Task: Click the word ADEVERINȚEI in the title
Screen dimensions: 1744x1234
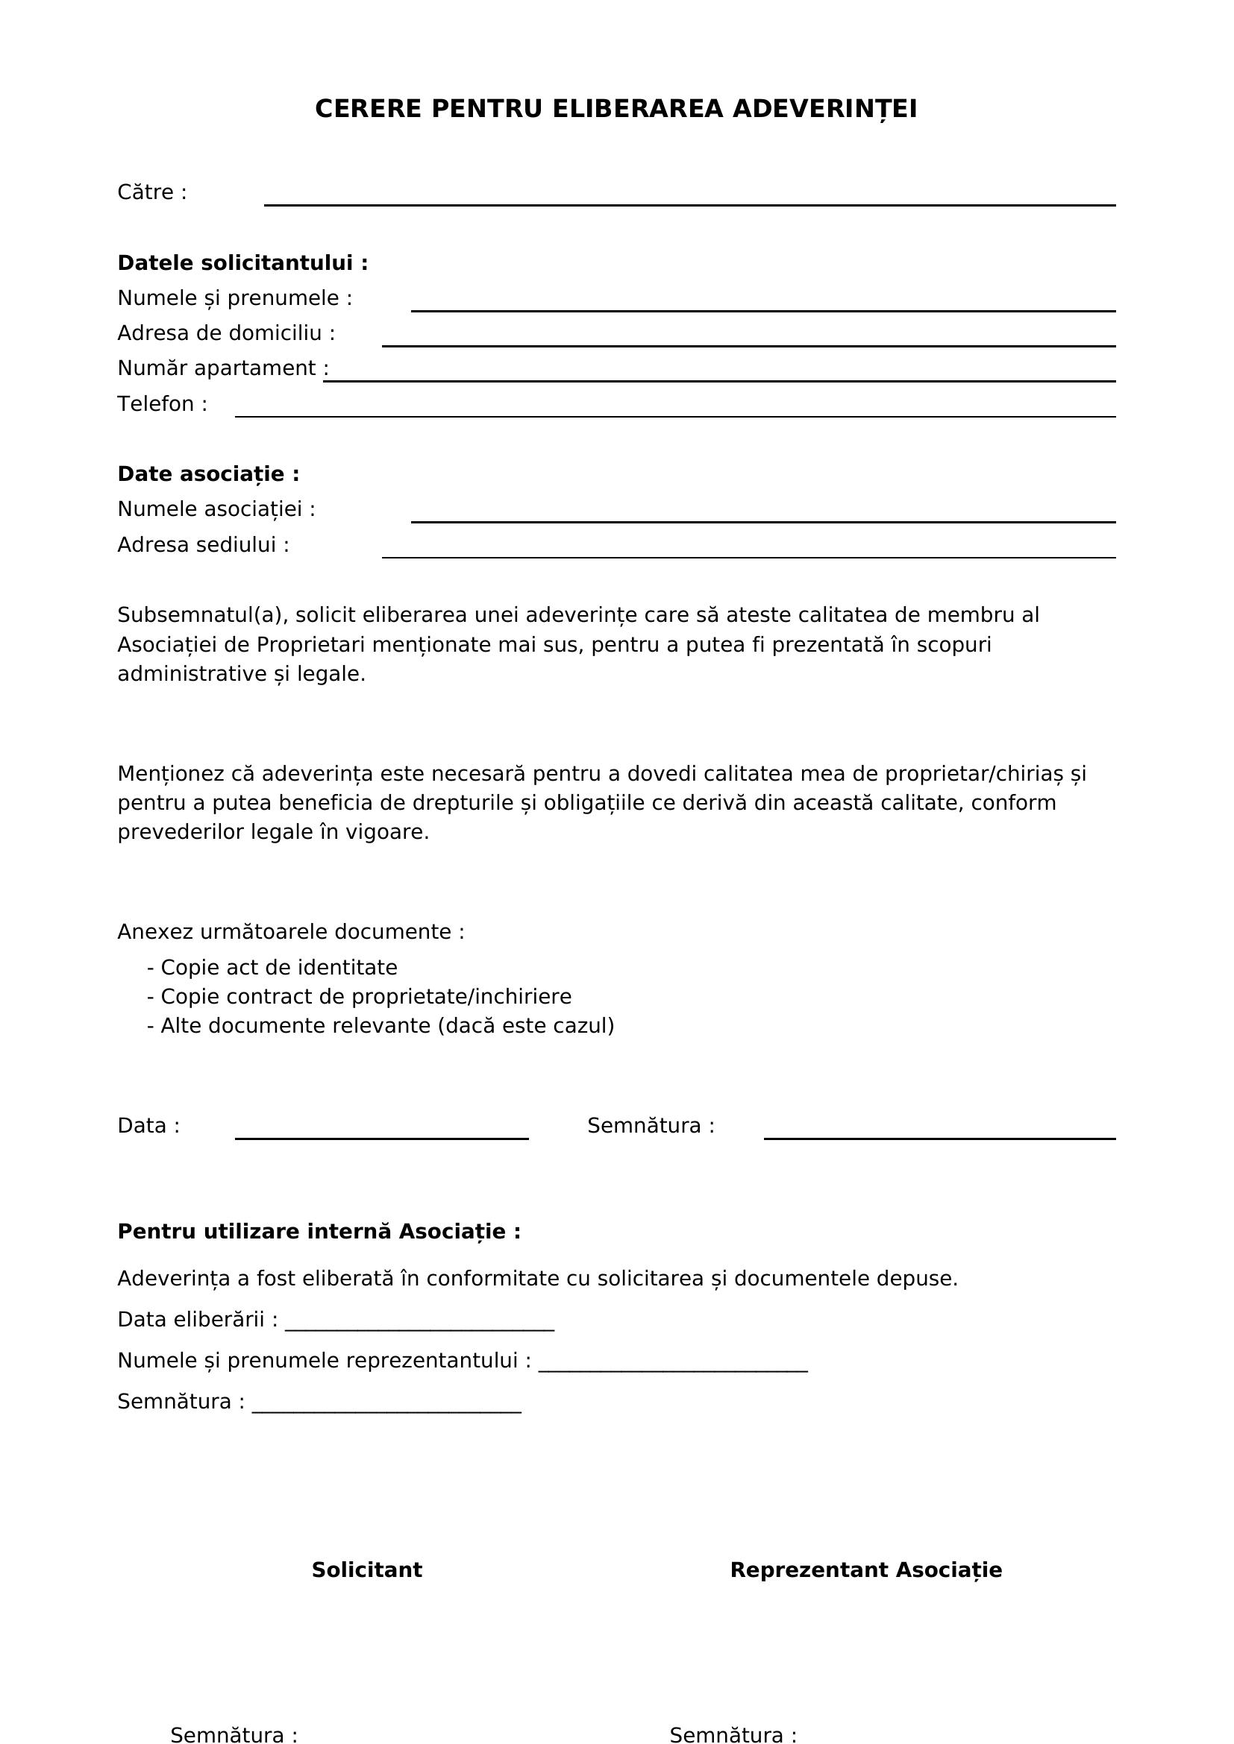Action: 824,110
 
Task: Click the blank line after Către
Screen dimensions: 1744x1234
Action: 689,199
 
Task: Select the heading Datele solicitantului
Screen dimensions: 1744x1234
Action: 242,263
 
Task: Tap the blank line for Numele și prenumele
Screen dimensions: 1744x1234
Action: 762,305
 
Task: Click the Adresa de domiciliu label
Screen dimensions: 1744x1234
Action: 225,333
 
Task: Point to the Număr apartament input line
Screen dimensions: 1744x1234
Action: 718,375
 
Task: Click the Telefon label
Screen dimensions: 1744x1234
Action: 162,404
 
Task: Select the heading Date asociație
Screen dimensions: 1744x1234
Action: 208,475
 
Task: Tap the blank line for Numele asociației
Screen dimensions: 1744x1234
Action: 762,516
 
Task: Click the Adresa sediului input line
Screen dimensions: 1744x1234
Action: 748,552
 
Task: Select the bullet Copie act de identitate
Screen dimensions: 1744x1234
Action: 272,968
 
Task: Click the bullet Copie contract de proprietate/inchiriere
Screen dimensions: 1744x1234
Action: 359,997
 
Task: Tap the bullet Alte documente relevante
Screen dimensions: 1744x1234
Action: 380,1026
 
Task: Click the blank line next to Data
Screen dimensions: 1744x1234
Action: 381,1133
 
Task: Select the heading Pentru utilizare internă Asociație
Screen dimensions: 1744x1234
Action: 319,1231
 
